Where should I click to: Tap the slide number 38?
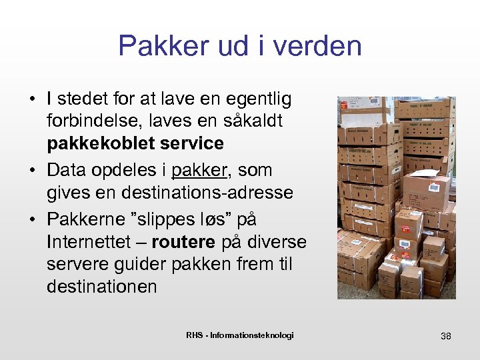[x=446, y=336]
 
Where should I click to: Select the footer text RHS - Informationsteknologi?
[x=240, y=335]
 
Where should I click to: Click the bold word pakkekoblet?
[x=104, y=143]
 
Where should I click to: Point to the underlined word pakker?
[x=199, y=170]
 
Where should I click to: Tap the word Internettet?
[x=93, y=241]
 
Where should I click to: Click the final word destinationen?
[x=102, y=287]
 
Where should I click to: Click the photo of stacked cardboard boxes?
[x=396, y=197]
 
